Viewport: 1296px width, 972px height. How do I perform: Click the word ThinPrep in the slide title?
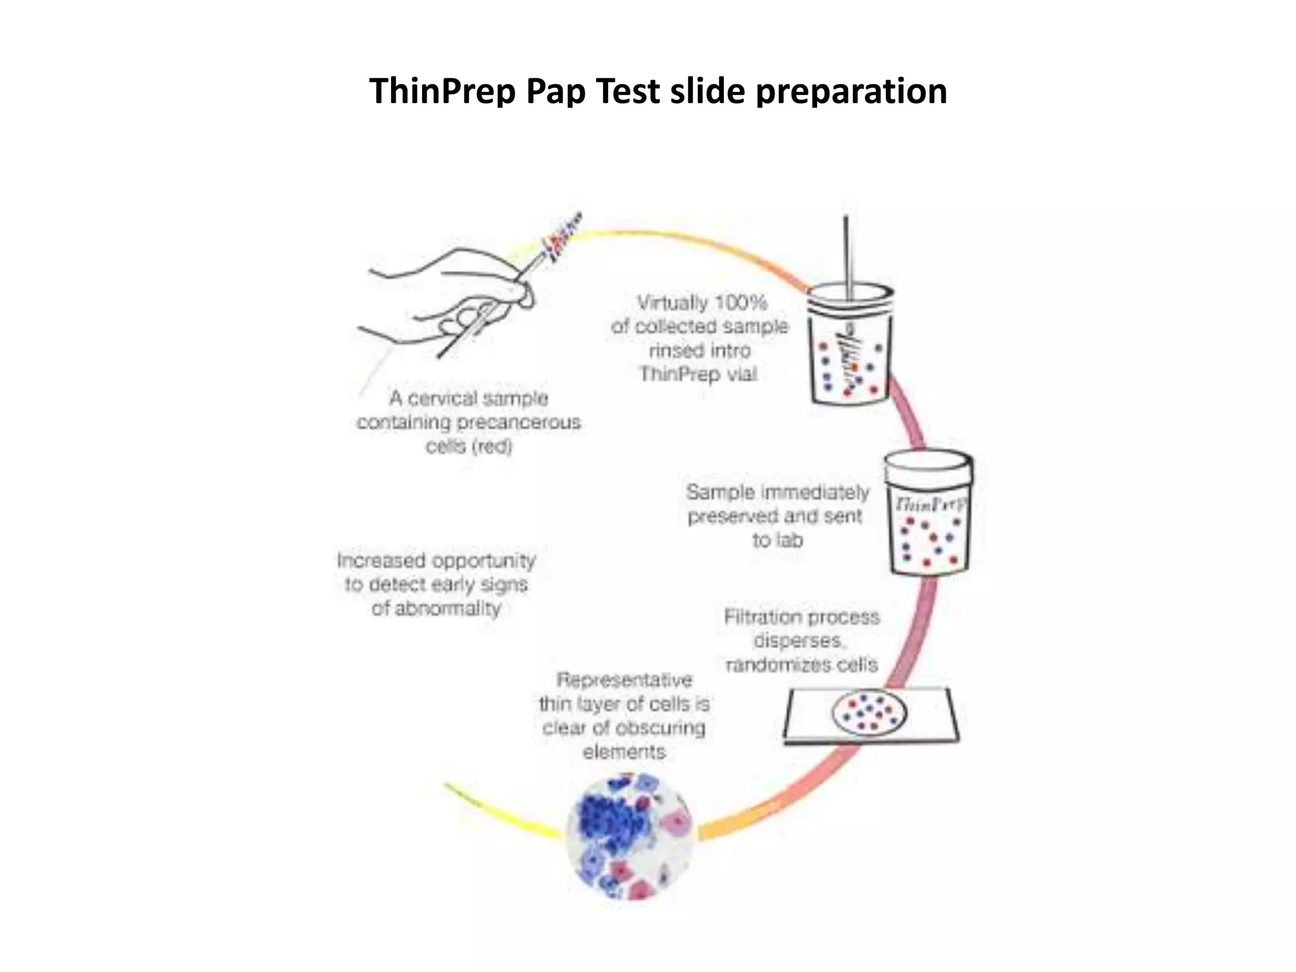click(442, 91)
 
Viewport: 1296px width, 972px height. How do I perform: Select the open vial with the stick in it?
click(851, 348)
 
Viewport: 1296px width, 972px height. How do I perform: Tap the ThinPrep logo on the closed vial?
click(930, 504)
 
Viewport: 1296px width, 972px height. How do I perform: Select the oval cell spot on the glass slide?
click(869, 713)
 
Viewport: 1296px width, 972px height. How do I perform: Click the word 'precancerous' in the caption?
click(521, 422)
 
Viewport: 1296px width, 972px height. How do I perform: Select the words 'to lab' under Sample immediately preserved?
click(778, 540)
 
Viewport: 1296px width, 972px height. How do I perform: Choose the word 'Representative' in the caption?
click(624, 680)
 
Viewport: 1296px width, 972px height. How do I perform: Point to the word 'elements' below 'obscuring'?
click(624, 752)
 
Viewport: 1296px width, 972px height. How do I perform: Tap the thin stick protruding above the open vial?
click(846, 253)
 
